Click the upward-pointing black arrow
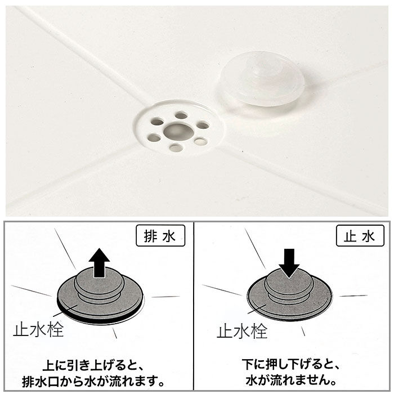point(100,263)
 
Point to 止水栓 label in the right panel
point(242,330)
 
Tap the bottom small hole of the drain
point(176,148)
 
